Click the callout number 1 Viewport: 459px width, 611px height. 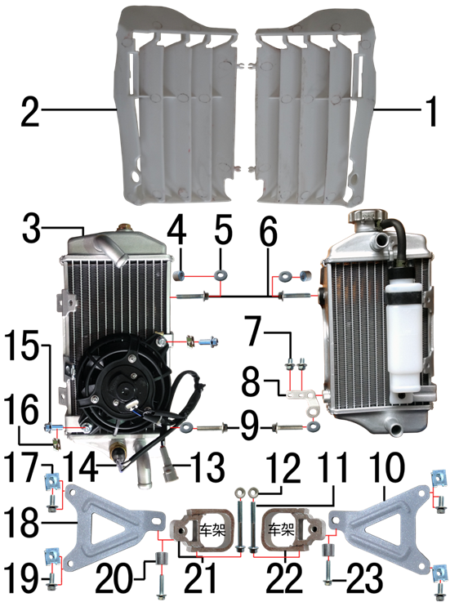click(430, 112)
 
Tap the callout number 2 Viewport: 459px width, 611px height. click(30, 112)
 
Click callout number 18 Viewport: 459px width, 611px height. click(21, 521)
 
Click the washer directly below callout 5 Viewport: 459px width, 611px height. click(221, 275)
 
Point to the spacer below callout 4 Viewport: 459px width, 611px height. click(180, 275)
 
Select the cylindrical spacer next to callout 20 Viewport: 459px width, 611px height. click(162, 558)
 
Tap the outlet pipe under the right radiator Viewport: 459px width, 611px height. click(394, 428)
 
